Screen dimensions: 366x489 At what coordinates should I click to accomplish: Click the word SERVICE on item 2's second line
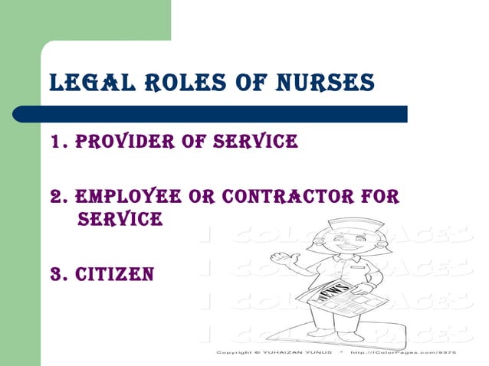click(x=120, y=221)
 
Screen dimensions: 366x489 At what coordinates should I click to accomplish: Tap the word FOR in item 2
click(x=380, y=198)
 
